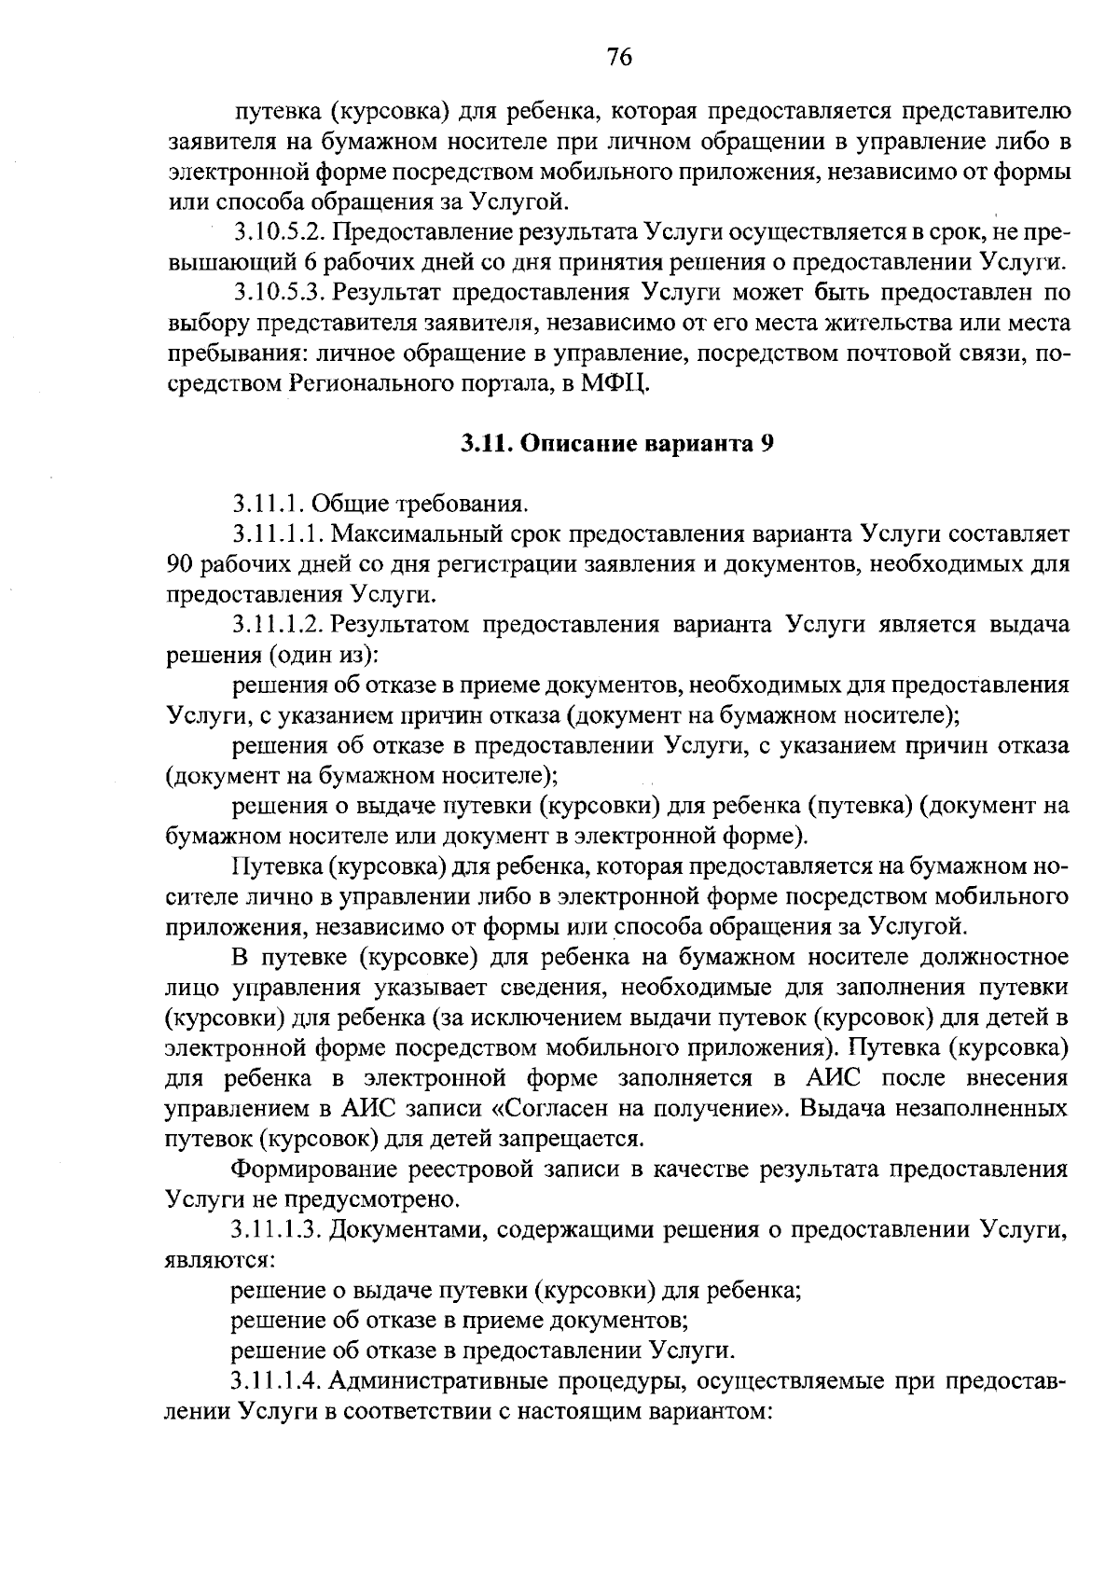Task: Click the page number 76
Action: [x=619, y=58]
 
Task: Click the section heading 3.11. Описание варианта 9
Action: [x=617, y=444]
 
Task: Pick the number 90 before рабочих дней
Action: [x=178, y=564]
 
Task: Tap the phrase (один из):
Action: [x=323, y=656]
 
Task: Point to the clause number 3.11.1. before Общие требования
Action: [x=269, y=505]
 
